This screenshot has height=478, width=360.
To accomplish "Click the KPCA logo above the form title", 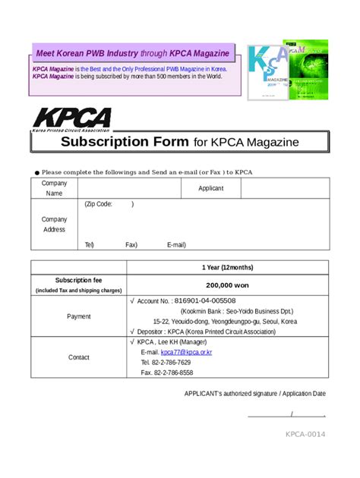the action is coord(71,119).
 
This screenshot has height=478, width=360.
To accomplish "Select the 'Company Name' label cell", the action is coord(54,188).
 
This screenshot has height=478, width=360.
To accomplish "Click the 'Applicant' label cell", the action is coord(211,188).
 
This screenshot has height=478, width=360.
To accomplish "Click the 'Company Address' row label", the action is coord(54,225).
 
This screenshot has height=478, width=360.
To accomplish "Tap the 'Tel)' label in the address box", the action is coord(90,245).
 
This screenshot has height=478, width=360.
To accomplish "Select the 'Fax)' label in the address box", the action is coord(131,245).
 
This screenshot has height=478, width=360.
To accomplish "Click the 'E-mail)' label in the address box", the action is coord(176,245).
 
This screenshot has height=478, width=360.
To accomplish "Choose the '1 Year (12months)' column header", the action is coord(227,267).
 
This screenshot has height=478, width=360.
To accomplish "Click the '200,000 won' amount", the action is coord(227,285).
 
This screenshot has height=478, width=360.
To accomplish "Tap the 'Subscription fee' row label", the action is coord(78,280).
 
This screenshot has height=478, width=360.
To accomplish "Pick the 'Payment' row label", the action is coord(78,316).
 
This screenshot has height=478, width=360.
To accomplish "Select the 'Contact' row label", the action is coord(78,357).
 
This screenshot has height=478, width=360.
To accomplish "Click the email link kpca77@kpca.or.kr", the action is coord(186,353).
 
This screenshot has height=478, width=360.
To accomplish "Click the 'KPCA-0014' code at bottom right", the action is coord(305,434).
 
